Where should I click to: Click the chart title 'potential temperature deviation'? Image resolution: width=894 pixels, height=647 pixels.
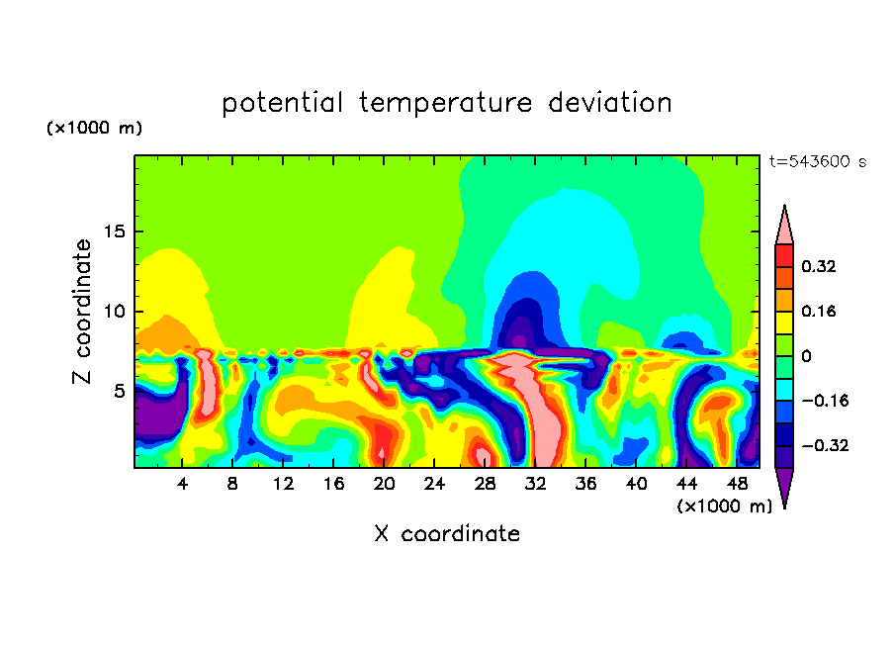point(446,103)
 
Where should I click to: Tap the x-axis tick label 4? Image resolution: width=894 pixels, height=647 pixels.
point(183,483)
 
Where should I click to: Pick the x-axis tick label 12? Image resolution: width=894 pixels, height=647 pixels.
point(284,483)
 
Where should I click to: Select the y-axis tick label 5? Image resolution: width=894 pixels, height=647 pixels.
point(115,391)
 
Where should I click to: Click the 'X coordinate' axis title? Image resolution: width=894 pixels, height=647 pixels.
point(446,534)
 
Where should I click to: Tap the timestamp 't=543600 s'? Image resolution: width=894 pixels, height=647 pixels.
point(817,162)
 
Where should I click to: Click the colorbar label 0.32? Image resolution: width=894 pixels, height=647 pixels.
point(820,266)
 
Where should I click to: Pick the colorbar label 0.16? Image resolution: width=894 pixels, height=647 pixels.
point(820,311)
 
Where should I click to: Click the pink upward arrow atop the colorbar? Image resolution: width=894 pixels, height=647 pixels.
point(784,226)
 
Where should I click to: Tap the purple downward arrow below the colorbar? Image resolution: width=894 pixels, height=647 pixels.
point(784,487)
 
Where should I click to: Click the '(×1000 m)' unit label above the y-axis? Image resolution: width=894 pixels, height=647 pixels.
point(94,129)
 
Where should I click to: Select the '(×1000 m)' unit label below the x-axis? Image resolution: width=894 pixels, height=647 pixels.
point(724,506)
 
